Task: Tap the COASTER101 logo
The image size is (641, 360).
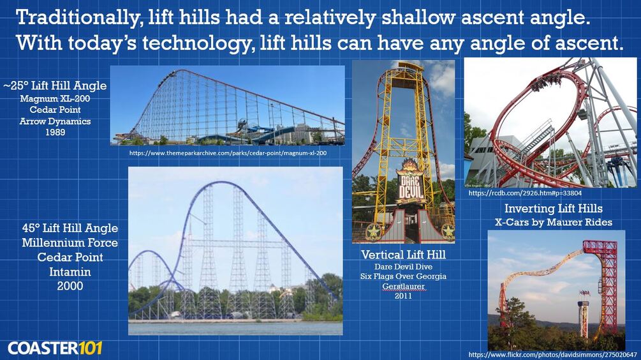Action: (x=55, y=348)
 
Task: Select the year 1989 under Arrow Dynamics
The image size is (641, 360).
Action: (x=55, y=132)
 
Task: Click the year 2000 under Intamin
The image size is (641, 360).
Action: (x=70, y=286)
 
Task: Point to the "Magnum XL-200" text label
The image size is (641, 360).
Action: (x=55, y=98)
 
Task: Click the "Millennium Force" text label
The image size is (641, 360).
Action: (x=70, y=243)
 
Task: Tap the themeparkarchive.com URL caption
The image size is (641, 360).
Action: (x=228, y=153)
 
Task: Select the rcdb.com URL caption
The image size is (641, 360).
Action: (x=525, y=193)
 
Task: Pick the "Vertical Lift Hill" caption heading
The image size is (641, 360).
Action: (x=404, y=255)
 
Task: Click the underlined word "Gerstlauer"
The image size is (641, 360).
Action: (x=404, y=287)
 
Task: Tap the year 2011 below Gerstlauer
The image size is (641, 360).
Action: (x=404, y=296)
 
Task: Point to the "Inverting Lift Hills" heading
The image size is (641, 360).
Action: (x=554, y=208)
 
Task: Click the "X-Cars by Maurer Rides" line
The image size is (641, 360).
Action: (x=554, y=222)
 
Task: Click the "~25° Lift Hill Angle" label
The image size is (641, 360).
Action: (x=55, y=86)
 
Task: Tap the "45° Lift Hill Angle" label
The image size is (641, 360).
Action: (x=70, y=228)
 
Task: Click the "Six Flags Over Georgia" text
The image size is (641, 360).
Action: (x=404, y=276)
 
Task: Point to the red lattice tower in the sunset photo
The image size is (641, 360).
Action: (x=605, y=282)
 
